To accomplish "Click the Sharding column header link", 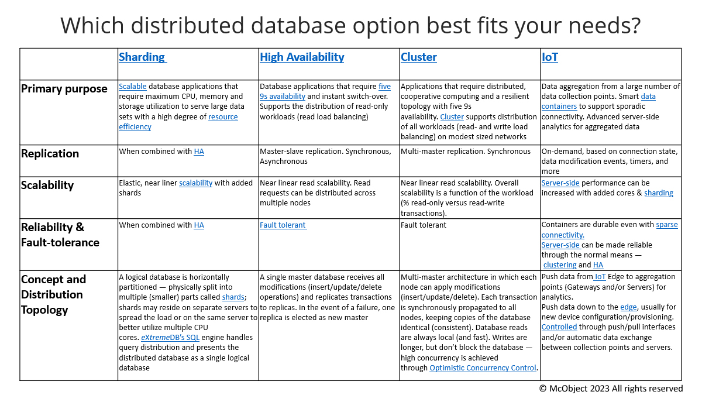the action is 143,57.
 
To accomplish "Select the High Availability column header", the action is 302,57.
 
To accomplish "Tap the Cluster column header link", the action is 419,57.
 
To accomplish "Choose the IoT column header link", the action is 550,57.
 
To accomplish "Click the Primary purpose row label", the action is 64,89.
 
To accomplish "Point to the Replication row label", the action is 50,153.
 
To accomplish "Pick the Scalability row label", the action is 47,186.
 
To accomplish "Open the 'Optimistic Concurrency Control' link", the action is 483,367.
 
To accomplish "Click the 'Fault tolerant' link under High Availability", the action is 283,225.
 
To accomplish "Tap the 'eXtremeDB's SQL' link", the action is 170,337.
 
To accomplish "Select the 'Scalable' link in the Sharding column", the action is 133,86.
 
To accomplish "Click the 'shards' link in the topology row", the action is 233,297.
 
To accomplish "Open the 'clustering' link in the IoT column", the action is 560,265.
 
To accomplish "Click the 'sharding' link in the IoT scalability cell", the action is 659,193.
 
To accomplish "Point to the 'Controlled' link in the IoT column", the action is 559,327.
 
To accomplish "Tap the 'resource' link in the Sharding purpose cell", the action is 223,116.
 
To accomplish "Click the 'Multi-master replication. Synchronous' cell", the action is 466,152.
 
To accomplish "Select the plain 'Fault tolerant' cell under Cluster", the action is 424,225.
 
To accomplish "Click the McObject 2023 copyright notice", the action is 611,389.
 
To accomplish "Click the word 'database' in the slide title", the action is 298,25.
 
